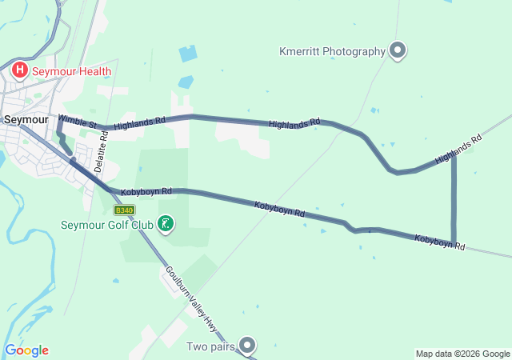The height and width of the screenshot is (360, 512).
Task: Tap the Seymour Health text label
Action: pyautogui.click(x=71, y=71)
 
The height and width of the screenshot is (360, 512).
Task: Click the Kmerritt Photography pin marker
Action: pyautogui.click(x=398, y=51)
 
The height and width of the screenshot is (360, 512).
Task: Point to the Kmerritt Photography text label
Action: pyautogui.click(x=332, y=52)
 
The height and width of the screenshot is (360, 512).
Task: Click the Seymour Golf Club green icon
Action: pyautogui.click(x=165, y=224)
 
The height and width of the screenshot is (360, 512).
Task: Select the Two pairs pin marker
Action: pyautogui.click(x=248, y=346)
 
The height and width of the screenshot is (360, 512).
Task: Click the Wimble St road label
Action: pyautogui.click(x=78, y=122)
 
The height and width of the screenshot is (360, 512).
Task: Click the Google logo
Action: pyautogui.click(x=26, y=350)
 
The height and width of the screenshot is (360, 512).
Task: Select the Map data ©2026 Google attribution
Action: pyautogui.click(x=462, y=354)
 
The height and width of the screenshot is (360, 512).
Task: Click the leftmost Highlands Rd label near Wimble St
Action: pyautogui.click(x=139, y=123)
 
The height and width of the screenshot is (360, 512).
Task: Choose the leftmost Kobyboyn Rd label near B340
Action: pyautogui.click(x=146, y=192)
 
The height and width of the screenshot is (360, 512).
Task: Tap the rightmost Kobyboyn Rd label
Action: pyautogui.click(x=439, y=242)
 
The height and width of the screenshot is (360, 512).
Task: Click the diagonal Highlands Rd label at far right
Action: pyautogui.click(x=458, y=150)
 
